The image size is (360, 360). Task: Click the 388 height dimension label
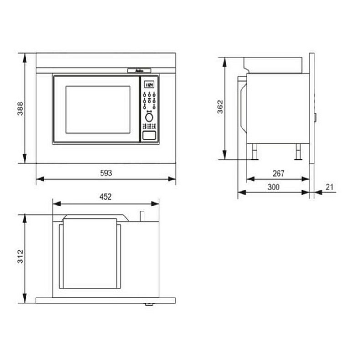21,108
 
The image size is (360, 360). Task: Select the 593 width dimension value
106,173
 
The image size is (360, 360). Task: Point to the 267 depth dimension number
278,173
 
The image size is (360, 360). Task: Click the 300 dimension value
273,187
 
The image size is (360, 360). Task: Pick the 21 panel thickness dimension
329,187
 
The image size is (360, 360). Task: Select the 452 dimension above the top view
106,197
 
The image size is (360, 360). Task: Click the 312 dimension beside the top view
21,258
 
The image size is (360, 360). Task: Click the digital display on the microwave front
149,84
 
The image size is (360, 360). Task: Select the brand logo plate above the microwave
140,70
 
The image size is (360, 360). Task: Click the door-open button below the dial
149,135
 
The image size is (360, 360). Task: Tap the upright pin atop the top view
142,216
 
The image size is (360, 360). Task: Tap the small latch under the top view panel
148,304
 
